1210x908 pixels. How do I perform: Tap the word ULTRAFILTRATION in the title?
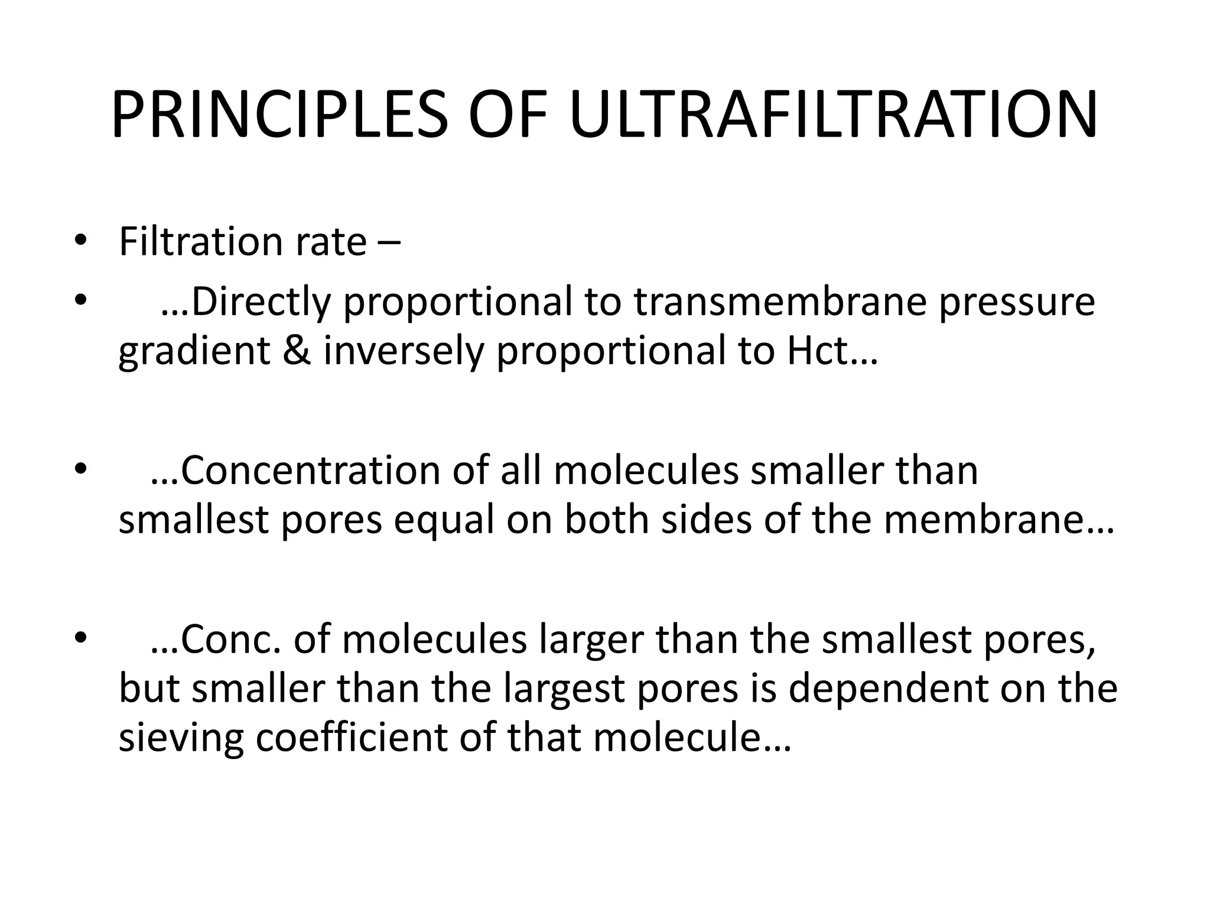point(834,115)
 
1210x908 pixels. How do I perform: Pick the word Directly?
point(260,302)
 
